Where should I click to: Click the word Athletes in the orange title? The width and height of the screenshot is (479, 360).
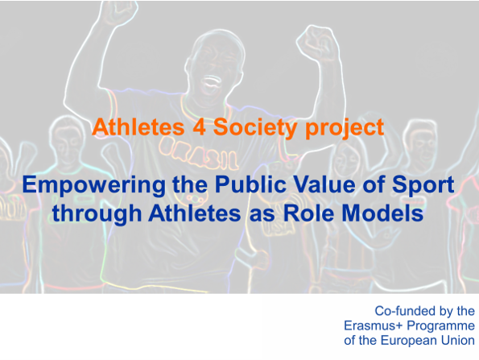coord(138,126)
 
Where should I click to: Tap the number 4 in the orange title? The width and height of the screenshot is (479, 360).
coord(199,126)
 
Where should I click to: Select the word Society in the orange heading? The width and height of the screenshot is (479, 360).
coord(255,127)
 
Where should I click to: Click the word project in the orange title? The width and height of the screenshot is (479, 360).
coord(345,128)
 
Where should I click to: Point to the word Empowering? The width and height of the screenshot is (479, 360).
coord(94,185)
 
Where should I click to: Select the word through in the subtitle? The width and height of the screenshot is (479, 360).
coord(97,213)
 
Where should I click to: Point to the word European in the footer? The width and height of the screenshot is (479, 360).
coord(409,341)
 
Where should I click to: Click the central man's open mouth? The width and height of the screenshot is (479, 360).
coord(211,81)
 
